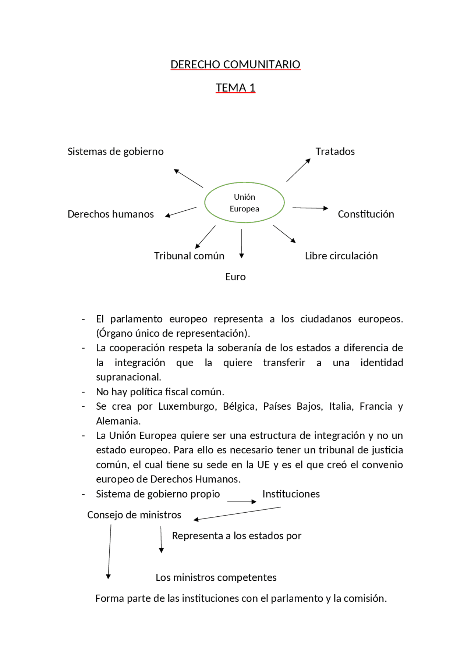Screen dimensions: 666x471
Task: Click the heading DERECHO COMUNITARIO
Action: pyautogui.click(x=235, y=64)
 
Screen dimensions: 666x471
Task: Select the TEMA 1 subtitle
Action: pyautogui.click(x=235, y=88)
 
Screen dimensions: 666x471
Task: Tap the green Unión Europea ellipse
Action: pyautogui.click(x=244, y=203)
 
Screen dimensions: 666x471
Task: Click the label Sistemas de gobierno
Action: pyautogui.click(x=115, y=152)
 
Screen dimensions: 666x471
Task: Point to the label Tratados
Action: pyautogui.click(x=335, y=152)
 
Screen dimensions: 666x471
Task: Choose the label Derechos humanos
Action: pyautogui.click(x=110, y=214)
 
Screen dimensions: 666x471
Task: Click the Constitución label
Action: pyautogui.click(x=366, y=214)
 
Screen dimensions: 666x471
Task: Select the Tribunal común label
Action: pyautogui.click(x=189, y=256)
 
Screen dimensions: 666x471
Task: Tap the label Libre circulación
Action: pyautogui.click(x=341, y=256)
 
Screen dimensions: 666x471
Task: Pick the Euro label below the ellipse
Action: pyautogui.click(x=235, y=277)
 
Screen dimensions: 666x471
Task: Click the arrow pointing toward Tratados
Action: pyautogui.click(x=298, y=170)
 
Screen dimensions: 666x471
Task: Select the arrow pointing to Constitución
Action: pyautogui.click(x=310, y=208)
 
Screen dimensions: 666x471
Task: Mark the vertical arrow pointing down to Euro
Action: pyautogui.click(x=241, y=243)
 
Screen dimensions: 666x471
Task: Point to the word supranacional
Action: pyautogui.click(x=128, y=377)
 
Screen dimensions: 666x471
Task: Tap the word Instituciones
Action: pyautogui.click(x=291, y=494)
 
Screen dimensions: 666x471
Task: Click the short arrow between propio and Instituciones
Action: pyautogui.click(x=241, y=502)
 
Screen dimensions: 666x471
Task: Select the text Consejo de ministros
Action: pyautogui.click(x=134, y=515)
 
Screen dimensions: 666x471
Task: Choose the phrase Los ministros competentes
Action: pyautogui.click(x=216, y=577)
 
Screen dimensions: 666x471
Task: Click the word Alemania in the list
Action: pyautogui.click(x=118, y=421)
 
